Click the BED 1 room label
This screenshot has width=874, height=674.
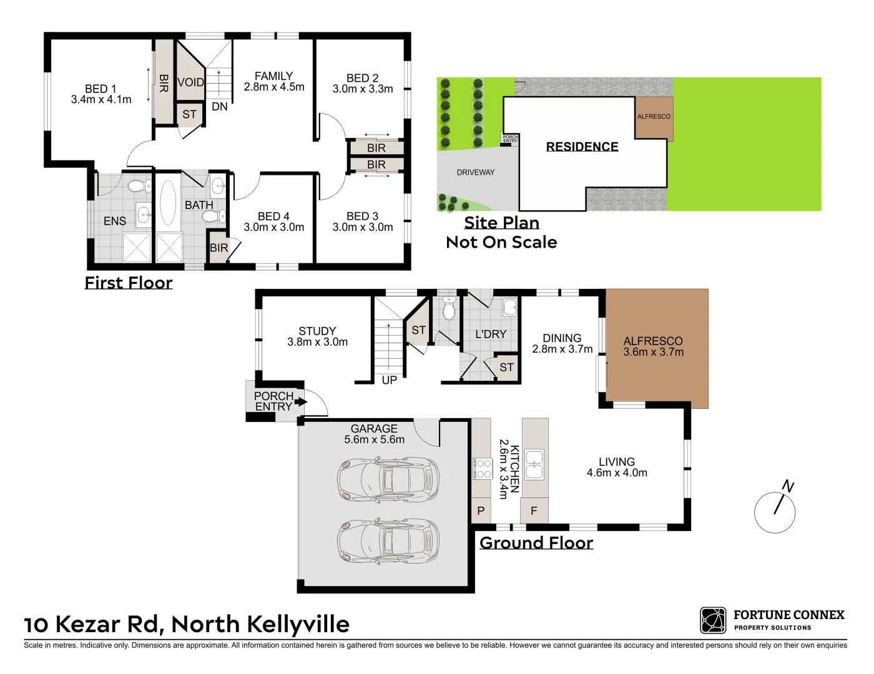pyautogui.click(x=101, y=89)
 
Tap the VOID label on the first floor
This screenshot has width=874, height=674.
pyautogui.click(x=190, y=82)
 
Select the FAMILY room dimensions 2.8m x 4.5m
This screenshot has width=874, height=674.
pyautogui.click(x=274, y=87)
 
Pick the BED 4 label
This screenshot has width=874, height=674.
pyautogui.click(x=273, y=216)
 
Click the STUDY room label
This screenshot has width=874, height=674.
pyautogui.click(x=317, y=331)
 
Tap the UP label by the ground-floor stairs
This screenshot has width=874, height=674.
pyautogui.click(x=389, y=379)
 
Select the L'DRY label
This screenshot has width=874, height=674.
pyautogui.click(x=491, y=335)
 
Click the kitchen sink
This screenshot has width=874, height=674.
pyautogui.click(x=534, y=464)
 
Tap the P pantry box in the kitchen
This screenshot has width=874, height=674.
pyautogui.click(x=481, y=511)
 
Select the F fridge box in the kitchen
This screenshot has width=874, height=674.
pyautogui.click(x=534, y=511)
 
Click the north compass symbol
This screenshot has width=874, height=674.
pyautogui.click(x=775, y=511)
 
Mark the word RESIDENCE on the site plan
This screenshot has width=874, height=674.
pyautogui.click(x=582, y=147)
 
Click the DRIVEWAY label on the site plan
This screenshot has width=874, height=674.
pyautogui.click(x=476, y=172)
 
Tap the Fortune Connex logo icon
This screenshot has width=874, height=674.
pyautogui.click(x=713, y=620)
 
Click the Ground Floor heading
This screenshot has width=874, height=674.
pyautogui.click(x=536, y=543)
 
